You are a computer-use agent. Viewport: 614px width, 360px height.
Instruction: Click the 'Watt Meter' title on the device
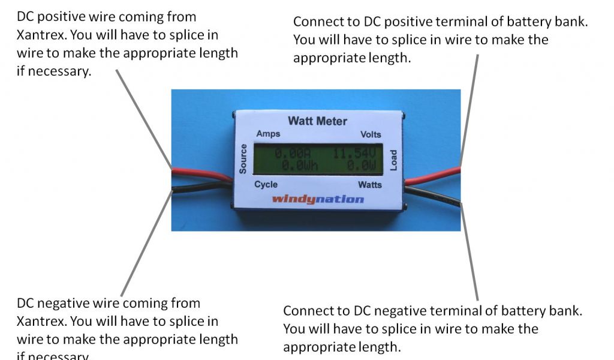tap(317, 121)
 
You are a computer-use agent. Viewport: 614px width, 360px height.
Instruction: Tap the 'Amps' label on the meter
tap(267, 134)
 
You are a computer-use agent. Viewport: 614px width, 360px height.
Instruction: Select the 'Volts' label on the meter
tap(370, 134)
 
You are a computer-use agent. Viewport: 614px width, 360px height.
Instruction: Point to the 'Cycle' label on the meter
tap(266, 184)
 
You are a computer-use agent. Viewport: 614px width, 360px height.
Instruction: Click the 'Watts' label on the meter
tap(370, 184)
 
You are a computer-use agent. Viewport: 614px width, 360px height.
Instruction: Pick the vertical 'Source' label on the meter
tap(243, 159)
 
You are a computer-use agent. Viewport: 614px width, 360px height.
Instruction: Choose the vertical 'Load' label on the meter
tap(394, 160)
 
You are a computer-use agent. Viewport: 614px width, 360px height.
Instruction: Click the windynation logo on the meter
tap(318, 199)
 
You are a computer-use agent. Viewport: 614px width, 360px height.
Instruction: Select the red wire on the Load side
tap(432, 176)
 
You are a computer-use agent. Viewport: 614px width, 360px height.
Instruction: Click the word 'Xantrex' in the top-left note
tap(40, 35)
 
